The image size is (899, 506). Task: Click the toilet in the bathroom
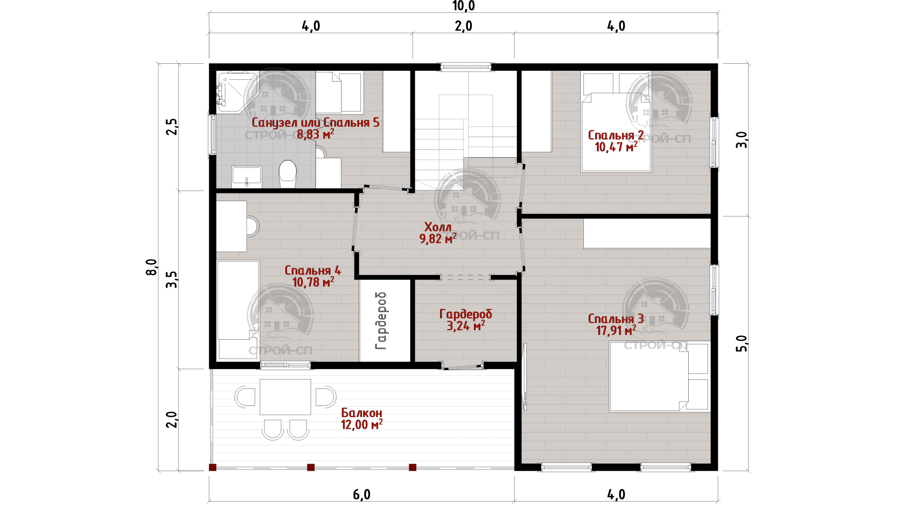point(287,174)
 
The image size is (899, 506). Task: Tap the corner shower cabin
point(236,92)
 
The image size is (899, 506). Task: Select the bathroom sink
point(247,177)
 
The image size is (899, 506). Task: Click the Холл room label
point(438,227)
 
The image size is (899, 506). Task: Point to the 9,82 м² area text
point(438,239)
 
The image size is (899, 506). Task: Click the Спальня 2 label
point(616,135)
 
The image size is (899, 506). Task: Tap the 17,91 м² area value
point(616,331)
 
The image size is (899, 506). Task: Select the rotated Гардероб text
point(381,321)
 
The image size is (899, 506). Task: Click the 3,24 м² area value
point(465,326)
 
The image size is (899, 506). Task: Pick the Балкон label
point(361,413)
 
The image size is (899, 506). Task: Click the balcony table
point(285,397)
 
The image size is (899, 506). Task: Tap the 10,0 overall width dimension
point(464,6)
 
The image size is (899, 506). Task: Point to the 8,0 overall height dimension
point(152,267)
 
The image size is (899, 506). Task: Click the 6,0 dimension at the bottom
point(361,495)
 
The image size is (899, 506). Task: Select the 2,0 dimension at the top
point(464,26)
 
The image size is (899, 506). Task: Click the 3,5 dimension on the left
point(172,280)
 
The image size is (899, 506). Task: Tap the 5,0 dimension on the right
point(742,343)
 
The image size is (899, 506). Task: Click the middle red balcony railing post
point(310,467)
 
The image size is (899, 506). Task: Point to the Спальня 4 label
point(313,271)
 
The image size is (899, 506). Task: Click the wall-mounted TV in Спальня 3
point(525,377)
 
